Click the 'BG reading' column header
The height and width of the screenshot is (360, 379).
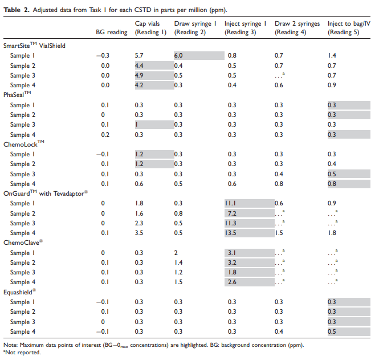point(112,32)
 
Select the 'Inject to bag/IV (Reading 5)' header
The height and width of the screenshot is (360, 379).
point(349,28)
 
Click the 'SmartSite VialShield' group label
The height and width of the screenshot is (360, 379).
point(34,45)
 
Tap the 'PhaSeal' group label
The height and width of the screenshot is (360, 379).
point(17,94)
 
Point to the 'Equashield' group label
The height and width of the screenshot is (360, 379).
point(19,292)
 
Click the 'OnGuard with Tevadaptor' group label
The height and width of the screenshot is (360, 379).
point(46,193)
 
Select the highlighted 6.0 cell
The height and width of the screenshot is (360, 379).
point(199,55)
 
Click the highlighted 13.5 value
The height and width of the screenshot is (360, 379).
point(249,233)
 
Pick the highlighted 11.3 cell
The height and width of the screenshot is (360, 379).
point(249,223)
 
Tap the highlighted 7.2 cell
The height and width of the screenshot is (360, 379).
point(249,213)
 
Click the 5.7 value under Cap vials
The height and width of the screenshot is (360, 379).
point(139,56)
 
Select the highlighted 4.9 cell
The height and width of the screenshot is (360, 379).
point(154,75)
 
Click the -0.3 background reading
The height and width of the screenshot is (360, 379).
point(103,56)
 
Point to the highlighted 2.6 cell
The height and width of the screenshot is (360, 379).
point(249,282)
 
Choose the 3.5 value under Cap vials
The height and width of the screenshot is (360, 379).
point(139,233)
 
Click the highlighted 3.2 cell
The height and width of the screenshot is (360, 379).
point(249,262)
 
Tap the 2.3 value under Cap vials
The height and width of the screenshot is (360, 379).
point(139,223)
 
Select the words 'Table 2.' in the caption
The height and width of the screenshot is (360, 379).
point(17,10)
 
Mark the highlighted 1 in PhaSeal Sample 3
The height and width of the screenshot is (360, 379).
point(154,124)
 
